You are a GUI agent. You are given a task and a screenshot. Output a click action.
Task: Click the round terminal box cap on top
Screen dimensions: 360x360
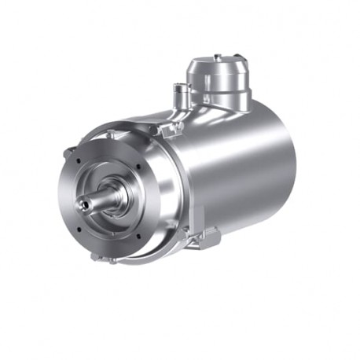(216, 72)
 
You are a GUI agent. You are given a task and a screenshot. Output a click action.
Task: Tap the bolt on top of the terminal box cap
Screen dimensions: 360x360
(216, 57)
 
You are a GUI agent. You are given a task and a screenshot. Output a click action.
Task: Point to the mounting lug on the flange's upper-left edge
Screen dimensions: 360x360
(72, 150)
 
